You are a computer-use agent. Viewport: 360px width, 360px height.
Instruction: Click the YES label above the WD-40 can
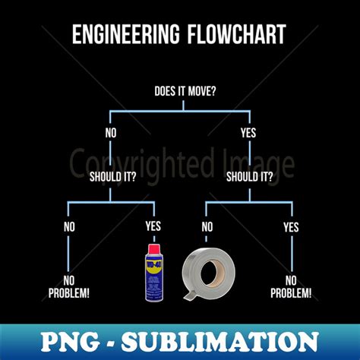(x=154, y=227)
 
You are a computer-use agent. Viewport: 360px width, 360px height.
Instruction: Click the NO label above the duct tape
(x=207, y=227)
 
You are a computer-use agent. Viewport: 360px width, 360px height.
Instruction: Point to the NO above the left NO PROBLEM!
(x=69, y=227)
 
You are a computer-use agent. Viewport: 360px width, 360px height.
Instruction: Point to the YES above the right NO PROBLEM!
(x=291, y=227)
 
